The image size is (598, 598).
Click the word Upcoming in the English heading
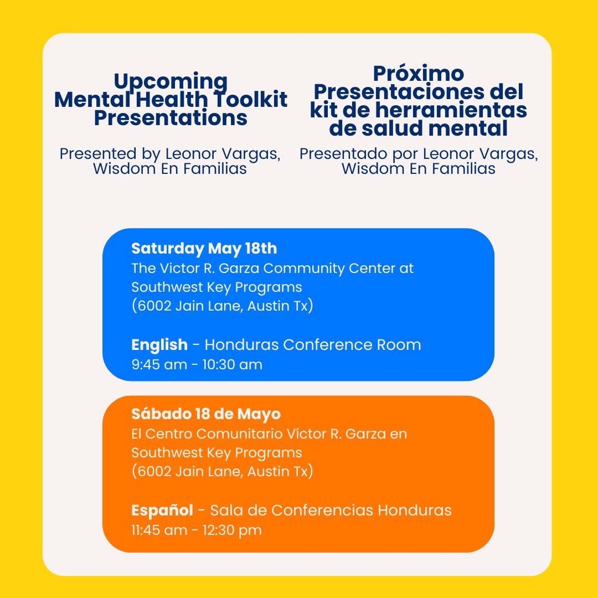point(171,82)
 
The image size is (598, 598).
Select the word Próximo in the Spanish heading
point(418,73)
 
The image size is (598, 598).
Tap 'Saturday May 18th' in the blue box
point(204,248)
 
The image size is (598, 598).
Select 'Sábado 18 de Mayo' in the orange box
point(205,414)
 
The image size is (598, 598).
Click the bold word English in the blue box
point(159,344)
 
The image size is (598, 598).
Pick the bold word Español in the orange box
point(162,509)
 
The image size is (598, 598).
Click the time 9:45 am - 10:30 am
point(197,364)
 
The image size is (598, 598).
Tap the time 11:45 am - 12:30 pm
point(196,530)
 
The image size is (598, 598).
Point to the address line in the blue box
point(222,306)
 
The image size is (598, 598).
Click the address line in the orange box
point(222,471)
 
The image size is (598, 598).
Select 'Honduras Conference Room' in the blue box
point(313,344)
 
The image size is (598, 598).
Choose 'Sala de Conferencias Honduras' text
point(331,509)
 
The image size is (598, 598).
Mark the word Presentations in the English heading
point(171,118)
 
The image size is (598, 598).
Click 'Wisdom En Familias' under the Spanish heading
point(418,168)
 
